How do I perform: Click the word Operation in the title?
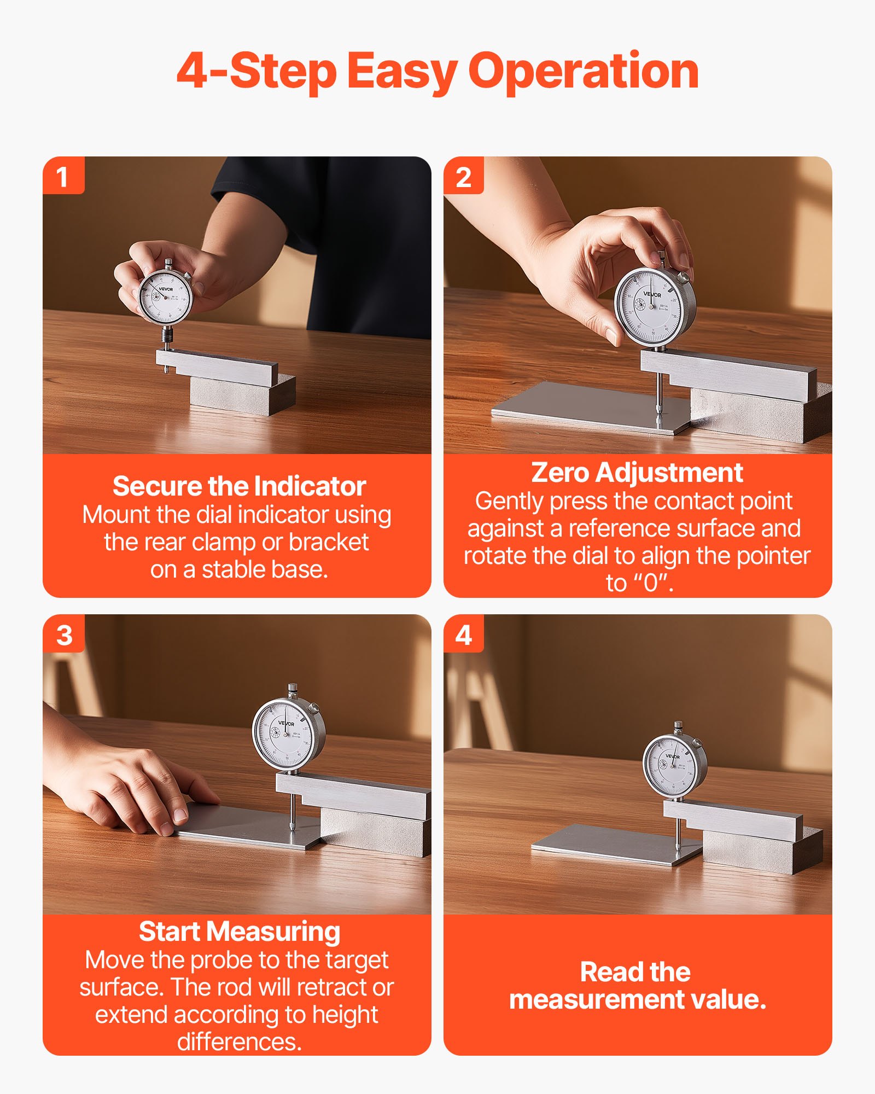coord(584,71)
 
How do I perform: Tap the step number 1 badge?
coord(63,177)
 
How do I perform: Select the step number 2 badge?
coord(463,177)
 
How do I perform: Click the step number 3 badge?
coord(64,635)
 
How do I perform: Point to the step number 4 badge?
coord(463,635)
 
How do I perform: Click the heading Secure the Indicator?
coord(239,486)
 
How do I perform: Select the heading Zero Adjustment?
coord(637,472)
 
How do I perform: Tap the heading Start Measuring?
coord(239,932)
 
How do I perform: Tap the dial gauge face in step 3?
coord(285,733)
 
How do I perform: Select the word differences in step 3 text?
coord(239,1042)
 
